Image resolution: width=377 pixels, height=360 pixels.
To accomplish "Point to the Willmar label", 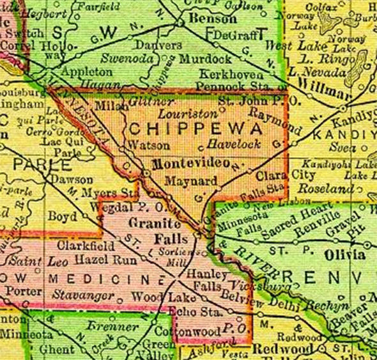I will point(320,85).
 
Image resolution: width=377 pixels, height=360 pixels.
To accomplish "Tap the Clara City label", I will point(278,175).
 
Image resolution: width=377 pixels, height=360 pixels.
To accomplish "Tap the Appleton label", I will point(88,71).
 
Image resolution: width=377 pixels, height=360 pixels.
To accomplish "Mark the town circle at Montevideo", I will point(146,173).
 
